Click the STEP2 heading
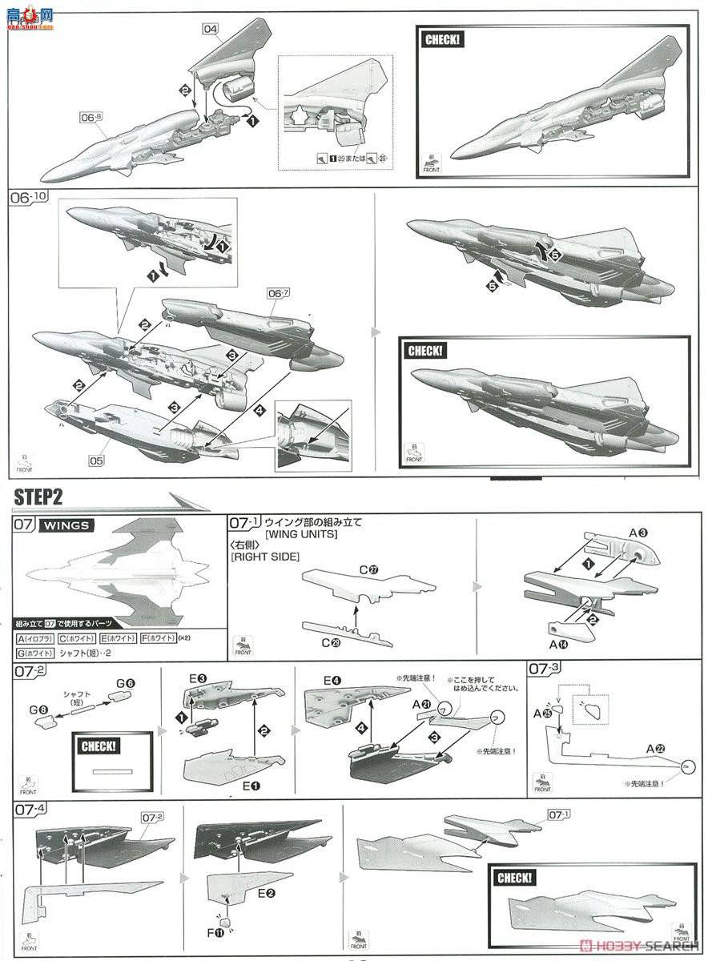38,497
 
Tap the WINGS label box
66,526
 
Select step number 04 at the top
211,30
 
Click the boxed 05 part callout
96,460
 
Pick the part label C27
369,569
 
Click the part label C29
332,641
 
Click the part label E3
198,679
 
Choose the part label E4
333,681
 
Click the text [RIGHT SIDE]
263,557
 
